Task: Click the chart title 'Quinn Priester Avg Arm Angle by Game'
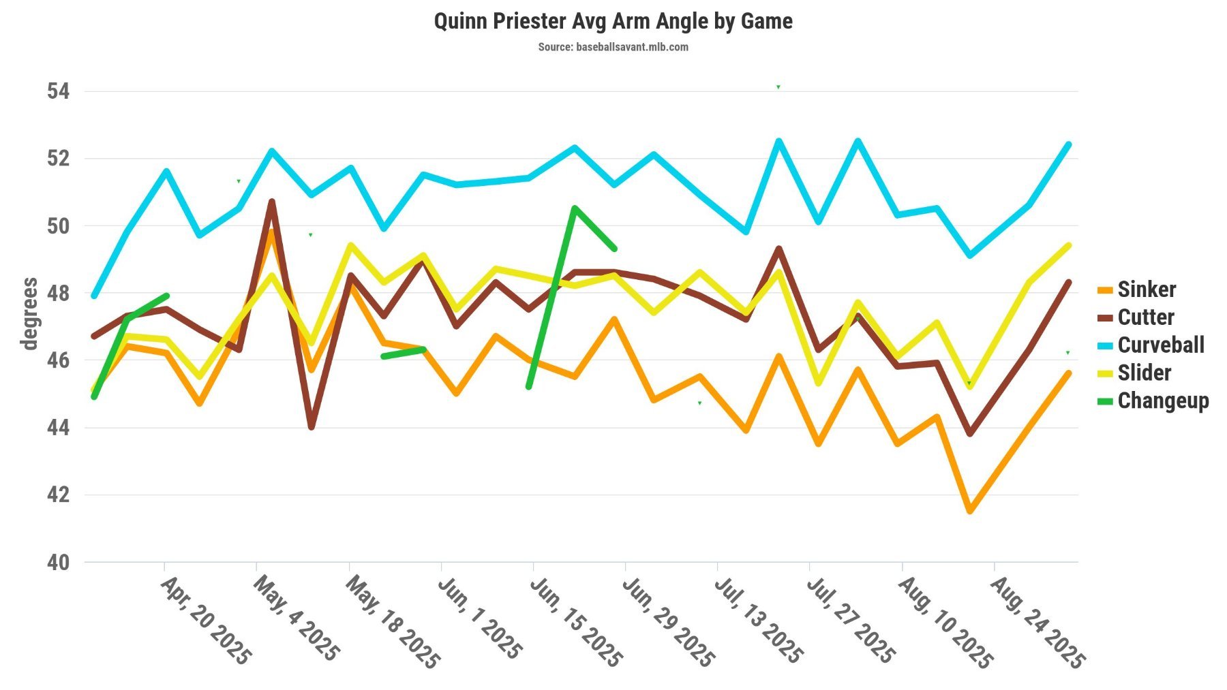point(613,21)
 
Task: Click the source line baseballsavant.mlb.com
point(613,47)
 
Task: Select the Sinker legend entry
point(1147,289)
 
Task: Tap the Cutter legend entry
point(1145,317)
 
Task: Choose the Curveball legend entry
point(1160,345)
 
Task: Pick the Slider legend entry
point(1144,373)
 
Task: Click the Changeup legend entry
point(1163,401)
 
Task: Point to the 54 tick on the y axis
point(58,91)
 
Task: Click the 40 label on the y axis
point(58,563)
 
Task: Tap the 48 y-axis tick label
point(58,294)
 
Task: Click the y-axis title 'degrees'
point(29,313)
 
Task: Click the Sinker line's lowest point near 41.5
point(970,511)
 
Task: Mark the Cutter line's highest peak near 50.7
point(272,202)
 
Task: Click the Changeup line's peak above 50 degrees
point(575,208)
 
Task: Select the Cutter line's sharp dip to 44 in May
point(312,427)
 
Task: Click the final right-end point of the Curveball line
point(1068,144)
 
